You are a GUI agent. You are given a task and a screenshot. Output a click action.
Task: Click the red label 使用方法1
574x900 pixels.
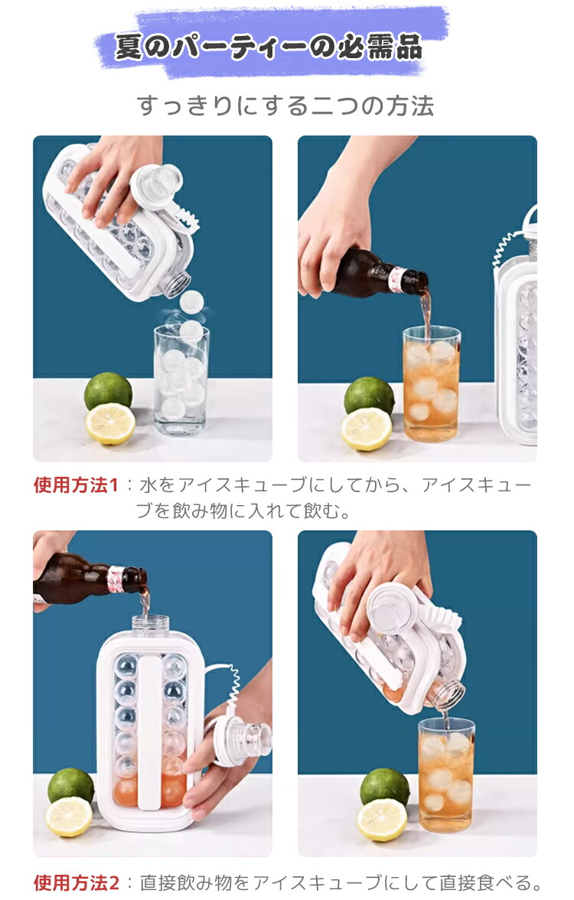[76, 485]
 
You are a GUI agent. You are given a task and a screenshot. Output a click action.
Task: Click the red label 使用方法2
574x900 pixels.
[77, 883]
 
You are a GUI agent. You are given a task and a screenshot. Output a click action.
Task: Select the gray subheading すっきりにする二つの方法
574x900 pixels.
[285, 106]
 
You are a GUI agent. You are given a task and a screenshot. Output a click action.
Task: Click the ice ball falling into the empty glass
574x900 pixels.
[191, 302]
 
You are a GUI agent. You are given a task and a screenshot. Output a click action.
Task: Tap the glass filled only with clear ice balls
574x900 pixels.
[181, 380]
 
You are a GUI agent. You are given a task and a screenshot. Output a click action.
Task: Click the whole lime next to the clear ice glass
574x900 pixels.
[108, 391]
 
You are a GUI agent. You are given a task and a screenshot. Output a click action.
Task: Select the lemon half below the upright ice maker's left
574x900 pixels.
[69, 816]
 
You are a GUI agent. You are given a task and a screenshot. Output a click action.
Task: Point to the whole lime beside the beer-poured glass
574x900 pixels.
[369, 396]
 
